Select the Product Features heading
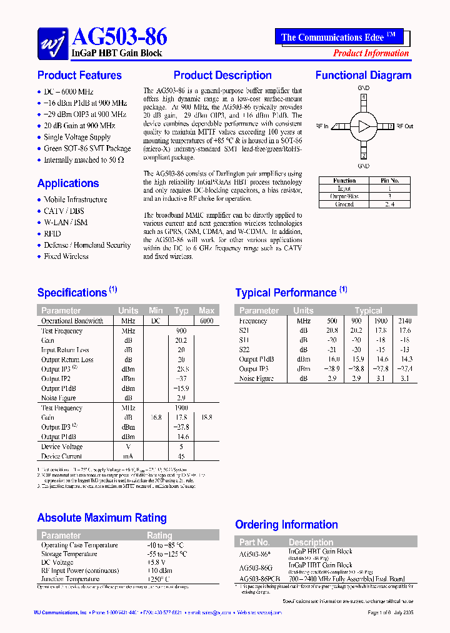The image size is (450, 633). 79,76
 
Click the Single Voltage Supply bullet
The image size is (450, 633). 77,137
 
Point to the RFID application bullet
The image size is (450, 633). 52,233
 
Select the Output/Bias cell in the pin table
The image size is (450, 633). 344,196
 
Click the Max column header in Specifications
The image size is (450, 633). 206,310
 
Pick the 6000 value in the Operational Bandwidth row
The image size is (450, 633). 206,321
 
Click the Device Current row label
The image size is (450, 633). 62,456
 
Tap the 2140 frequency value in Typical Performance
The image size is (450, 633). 404,321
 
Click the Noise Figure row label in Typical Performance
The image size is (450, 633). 257,378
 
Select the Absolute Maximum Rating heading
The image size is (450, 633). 102,518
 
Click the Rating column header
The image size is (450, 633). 159,535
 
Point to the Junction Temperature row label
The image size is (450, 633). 70,579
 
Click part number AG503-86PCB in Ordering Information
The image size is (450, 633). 260,579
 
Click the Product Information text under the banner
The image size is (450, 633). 371,53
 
